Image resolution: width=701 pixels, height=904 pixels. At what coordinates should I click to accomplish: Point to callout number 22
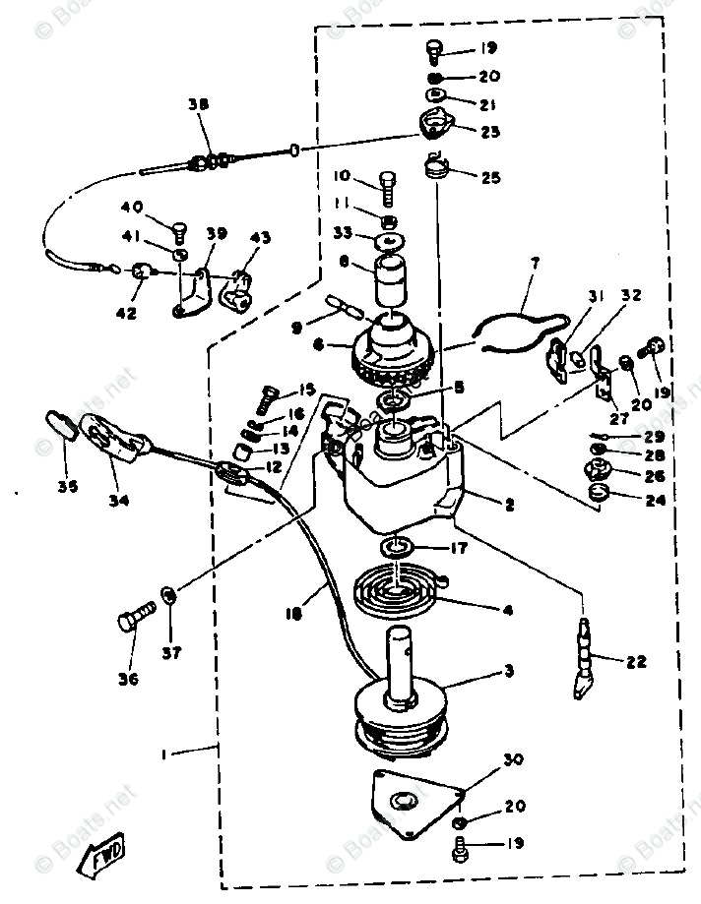click(x=636, y=661)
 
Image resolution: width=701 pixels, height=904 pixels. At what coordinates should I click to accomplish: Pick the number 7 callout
click(x=535, y=264)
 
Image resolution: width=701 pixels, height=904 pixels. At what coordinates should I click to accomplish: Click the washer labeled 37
click(x=167, y=595)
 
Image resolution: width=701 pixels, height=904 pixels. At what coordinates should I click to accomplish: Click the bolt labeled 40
click(x=180, y=232)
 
